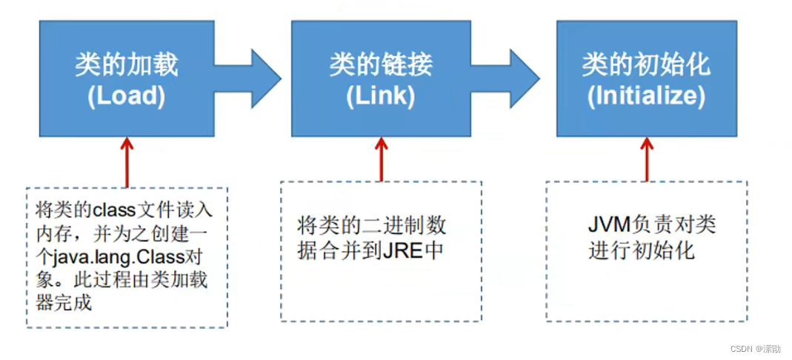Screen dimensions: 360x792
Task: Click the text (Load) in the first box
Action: (126, 97)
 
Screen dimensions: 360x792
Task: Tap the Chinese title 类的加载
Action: (126, 65)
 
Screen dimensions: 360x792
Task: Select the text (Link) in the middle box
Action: (381, 97)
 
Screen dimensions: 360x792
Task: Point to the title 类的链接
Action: (381, 65)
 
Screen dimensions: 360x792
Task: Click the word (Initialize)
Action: (645, 97)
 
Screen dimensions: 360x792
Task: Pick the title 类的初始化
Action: (645, 65)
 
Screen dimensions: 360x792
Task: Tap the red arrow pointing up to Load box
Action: (127, 159)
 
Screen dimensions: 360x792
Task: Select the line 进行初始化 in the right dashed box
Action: (642, 250)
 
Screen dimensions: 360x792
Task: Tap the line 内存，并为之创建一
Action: (123, 233)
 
